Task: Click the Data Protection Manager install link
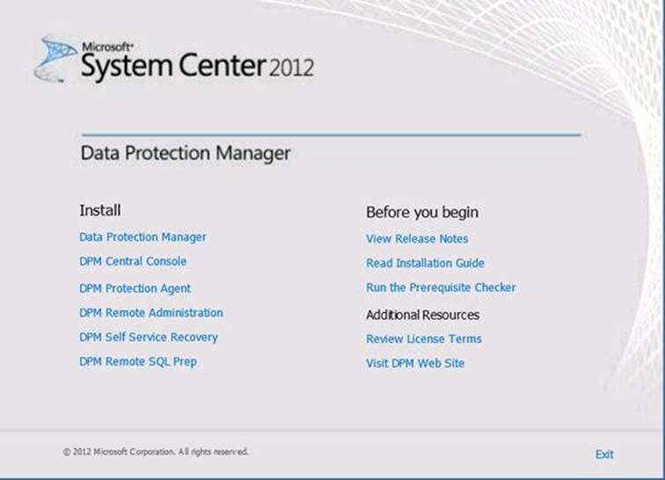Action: click(142, 237)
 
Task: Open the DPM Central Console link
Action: click(133, 261)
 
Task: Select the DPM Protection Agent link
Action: click(135, 288)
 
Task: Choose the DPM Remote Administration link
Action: click(151, 312)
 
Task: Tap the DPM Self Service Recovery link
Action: click(149, 337)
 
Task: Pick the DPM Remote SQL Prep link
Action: click(138, 361)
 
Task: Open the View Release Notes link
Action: click(417, 239)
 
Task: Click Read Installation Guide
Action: click(425, 263)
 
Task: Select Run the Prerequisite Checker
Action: click(441, 287)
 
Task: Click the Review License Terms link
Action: click(424, 338)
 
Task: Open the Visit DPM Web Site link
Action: click(415, 363)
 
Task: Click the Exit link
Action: click(604, 455)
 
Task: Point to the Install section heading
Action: click(100, 210)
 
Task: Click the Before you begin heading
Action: click(422, 213)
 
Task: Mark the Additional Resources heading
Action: click(422, 315)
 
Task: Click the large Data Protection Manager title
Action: click(186, 153)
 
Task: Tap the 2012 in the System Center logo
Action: click(291, 68)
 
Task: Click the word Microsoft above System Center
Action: click(107, 47)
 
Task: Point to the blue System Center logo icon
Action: click(55, 59)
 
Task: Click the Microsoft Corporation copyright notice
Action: click(156, 452)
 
